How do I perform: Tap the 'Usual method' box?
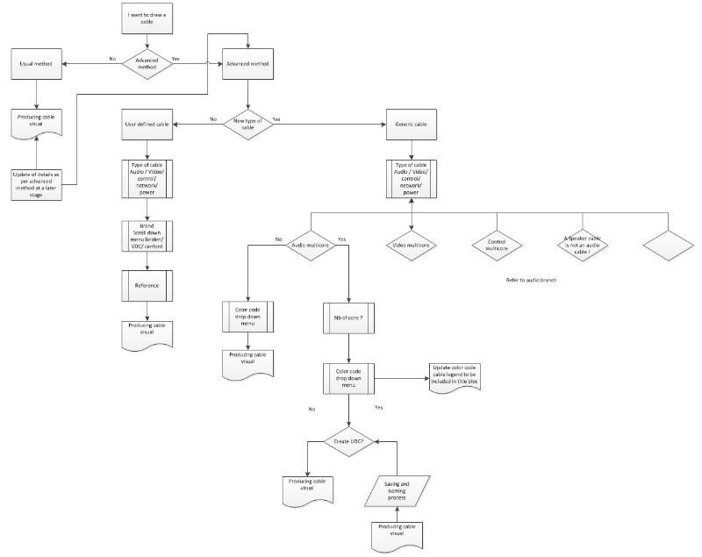click(37, 64)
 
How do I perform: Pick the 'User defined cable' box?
click(147, 124)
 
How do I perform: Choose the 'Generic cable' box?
click(412, 124)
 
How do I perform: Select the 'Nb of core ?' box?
click(350, 318)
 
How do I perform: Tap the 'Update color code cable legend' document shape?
click(455, 376)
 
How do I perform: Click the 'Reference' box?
click(147, 285)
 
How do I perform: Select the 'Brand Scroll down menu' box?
click(147, 236)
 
